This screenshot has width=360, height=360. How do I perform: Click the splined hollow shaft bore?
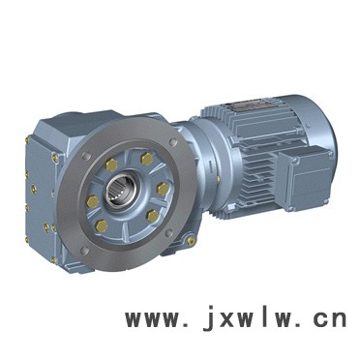point(119,188)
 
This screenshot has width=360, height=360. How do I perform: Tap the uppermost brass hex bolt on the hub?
point(146,159)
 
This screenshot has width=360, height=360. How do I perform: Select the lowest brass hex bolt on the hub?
point(102,225)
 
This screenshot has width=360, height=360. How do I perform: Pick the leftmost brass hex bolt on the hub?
point(93,202)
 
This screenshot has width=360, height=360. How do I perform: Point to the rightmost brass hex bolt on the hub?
point(163,189)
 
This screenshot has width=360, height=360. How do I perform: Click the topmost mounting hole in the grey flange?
point(173,142)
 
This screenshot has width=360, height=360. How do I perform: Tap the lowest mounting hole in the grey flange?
point(84,251)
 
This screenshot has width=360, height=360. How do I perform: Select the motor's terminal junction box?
point(303,180)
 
